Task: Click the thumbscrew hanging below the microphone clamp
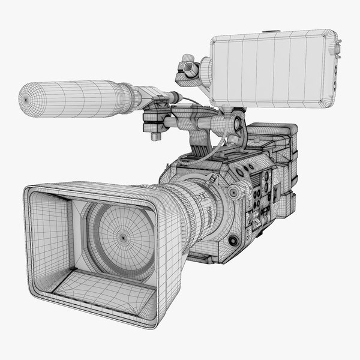[155, 136]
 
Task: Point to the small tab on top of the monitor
[271, 30]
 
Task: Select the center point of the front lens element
[124, 237]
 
